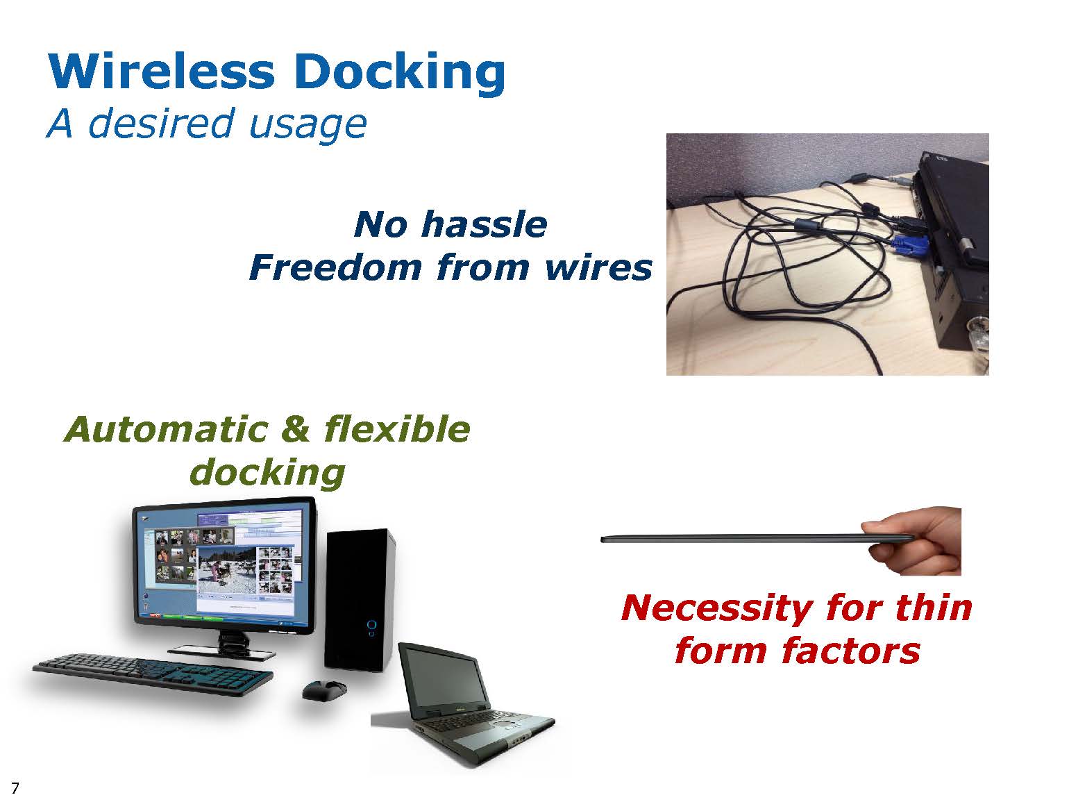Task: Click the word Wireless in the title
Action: pyautogui.click(x=162, y=71)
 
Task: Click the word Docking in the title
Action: pyautogui.click(x=400, y=72)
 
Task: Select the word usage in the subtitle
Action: pyautogui.click(x=308, y=125)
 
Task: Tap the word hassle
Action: pyautogui.click(x=485, y=224)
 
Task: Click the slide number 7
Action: pyautogui.click(x=15, y=787)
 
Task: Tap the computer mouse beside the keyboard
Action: pyautogui.click(x=324, y=690)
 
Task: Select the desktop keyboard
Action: pyautogui.click(x=153, y=673)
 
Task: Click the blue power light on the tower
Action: pyautogui.click(x=371, y=625)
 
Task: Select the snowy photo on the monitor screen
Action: pyautogui.click(x=227, y=570)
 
